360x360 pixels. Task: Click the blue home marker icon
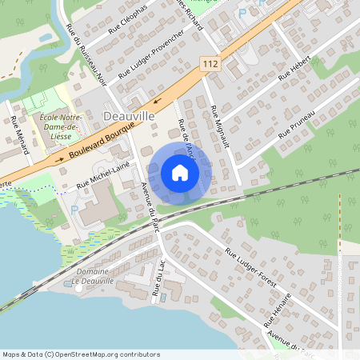coord(180,172)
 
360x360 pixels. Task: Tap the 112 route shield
coord(210,63)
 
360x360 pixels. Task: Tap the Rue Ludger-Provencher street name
coord(152,55)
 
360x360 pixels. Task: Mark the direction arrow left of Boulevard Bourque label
coord(59,158)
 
